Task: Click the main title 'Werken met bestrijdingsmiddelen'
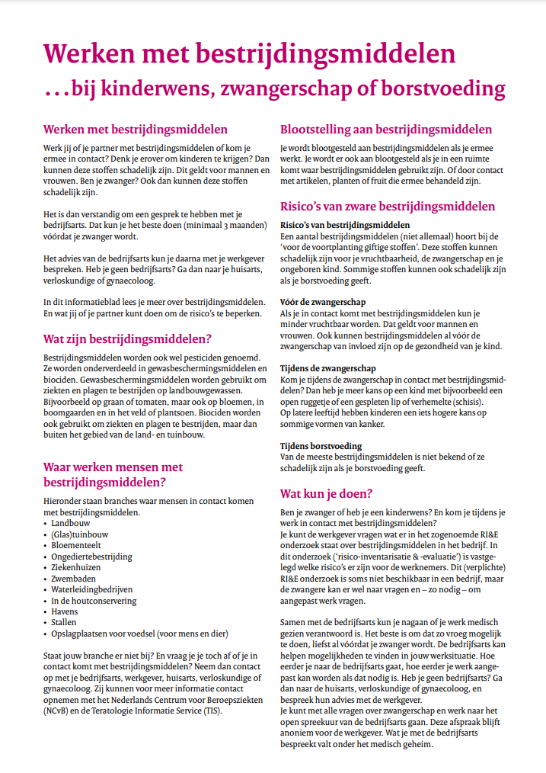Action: (249, 53)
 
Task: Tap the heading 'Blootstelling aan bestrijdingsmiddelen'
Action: (386, 130)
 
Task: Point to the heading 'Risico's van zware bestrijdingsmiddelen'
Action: (388, 206)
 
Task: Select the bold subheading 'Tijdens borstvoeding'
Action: (321, 446)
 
